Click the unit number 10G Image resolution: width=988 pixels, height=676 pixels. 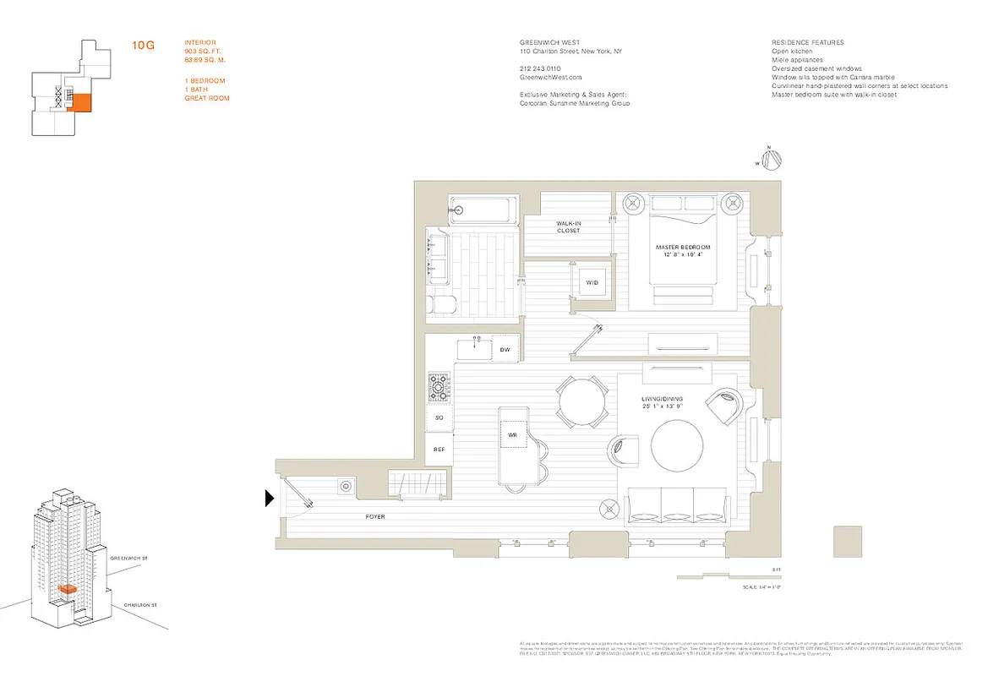point(143,45)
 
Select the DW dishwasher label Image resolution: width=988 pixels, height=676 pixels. point(505,348)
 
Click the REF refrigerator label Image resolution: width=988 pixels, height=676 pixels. point(439,450)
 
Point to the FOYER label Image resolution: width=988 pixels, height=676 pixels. point(375,516)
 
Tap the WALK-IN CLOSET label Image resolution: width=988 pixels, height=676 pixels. point(568,226)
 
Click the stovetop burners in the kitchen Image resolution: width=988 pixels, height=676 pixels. point(439,387)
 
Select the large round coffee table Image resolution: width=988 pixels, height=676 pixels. point(676,449)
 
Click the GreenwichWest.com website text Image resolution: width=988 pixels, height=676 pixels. point(547,77)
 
